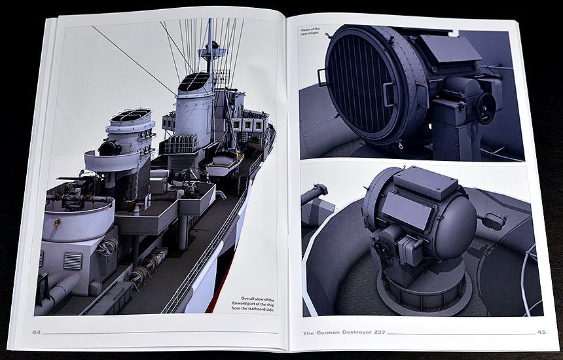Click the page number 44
[36, 333]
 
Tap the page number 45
[541, 332]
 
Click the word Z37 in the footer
[379, 333]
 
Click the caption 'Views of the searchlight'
[310, 31]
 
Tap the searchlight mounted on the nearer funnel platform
[110, 147]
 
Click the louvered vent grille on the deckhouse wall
[73, 261]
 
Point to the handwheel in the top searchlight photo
[486, 109]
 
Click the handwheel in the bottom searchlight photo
[383, 249]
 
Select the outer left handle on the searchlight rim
[322, 77]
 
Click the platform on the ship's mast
[212, 53]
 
